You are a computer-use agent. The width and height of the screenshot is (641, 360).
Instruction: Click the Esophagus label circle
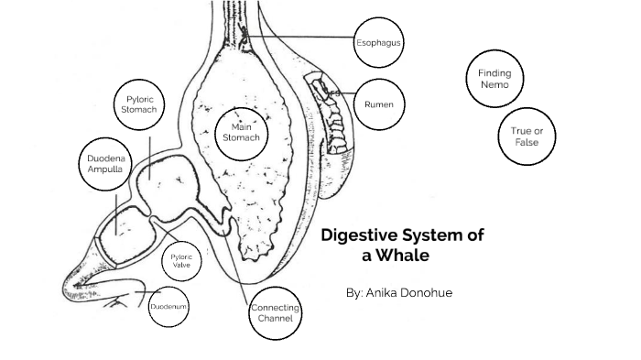click(x=378, y=42)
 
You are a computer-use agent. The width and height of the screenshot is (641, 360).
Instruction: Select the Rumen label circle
click(x=378, y=104)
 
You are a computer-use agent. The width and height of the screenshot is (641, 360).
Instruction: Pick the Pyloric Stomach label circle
click(x=140, y=104)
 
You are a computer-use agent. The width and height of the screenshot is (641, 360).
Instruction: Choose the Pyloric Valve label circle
click(x=181, y=261)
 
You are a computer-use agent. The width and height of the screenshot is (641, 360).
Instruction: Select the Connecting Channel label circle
click(x=275, y=313)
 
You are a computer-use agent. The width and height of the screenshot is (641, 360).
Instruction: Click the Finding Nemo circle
click(x=494, y=79)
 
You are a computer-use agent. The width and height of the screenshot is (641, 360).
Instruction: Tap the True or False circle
click(x=527, y=136)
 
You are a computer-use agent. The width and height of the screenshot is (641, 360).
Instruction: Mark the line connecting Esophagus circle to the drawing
click(x=302, y=37)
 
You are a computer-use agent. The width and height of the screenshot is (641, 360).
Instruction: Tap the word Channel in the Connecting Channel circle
click(x=275, y=319)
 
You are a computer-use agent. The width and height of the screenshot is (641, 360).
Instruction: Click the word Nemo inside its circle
click(x=494, y=85)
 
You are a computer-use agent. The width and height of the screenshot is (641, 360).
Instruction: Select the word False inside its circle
click(x=527, y=143)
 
